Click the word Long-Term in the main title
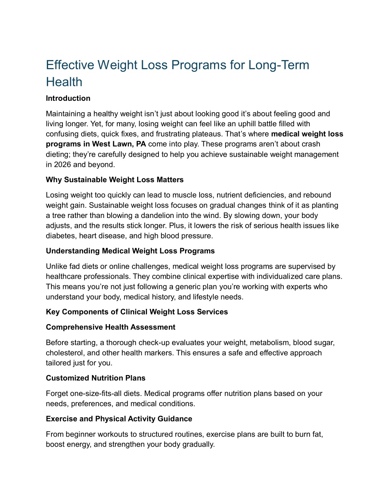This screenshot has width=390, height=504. coord(279,65)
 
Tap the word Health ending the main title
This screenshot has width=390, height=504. coord(64,82)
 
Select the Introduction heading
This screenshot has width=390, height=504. coord(68,98)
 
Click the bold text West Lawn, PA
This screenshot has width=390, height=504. coord(119,144)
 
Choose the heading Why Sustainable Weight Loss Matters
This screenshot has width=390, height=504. coord(115,180)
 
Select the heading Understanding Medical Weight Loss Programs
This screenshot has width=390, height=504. coord(130,251)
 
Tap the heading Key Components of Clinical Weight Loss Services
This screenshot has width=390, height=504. coord(137,312)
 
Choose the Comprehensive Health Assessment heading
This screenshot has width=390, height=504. coord(110,327)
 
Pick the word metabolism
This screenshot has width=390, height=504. coord(269,343)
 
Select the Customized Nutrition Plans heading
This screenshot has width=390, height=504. coord(96,378)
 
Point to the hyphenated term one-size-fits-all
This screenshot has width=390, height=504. coord(96,394)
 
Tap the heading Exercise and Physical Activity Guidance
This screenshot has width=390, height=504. coord(119,419)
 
